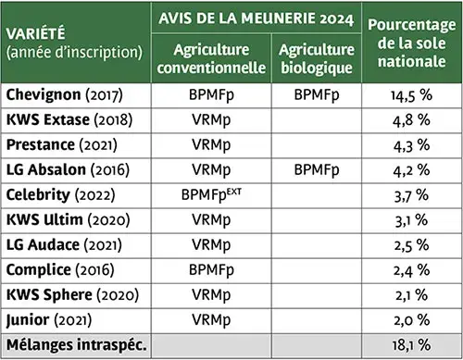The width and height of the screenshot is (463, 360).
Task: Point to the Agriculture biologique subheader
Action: click(317, 58)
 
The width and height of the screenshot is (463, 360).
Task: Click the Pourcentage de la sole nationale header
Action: click(410, 43)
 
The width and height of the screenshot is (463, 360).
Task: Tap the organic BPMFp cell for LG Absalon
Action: click(317, 170)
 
